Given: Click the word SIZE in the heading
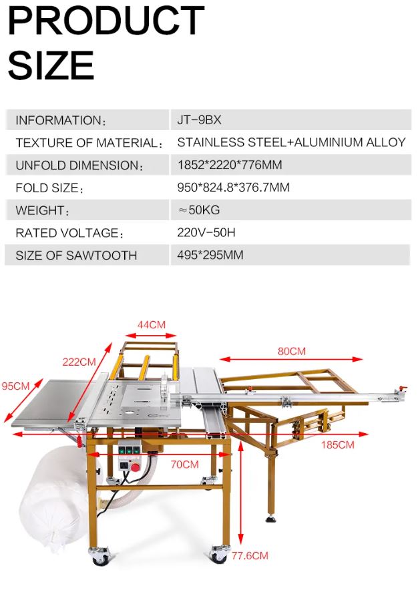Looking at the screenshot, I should coord(51,65).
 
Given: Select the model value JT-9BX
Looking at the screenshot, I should coord(199,120).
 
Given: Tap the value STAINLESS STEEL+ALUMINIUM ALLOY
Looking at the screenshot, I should coord(291,142).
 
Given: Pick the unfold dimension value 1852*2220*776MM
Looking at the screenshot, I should coord(230,165).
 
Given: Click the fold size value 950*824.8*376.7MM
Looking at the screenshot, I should coord(233,188).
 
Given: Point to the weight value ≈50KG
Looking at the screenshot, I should coord(199,210).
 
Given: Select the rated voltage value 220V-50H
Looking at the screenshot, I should coord(206,233).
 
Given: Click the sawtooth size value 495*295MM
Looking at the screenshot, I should coord(210,255).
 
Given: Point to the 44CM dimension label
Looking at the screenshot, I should coord(151,325).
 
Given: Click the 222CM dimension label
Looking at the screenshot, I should coord(79,362).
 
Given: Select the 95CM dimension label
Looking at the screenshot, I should coord(15,386).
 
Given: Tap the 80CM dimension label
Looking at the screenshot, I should coord(291,351).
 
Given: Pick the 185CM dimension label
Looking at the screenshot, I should coord(338,444).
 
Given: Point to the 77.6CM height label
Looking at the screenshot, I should coord(250,555).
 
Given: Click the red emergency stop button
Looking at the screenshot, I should coord(136,467).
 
